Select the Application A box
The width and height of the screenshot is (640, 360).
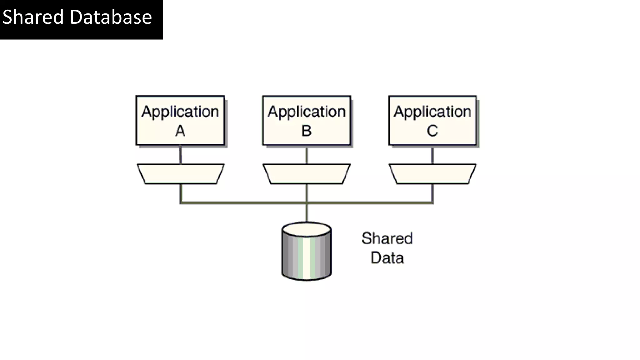click(180, 120)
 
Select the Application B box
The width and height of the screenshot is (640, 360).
click(307, 120)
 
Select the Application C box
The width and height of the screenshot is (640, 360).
click(432, 120)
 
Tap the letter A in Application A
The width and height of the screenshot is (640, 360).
click(180, 131)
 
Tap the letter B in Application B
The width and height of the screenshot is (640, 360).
click(307, 131)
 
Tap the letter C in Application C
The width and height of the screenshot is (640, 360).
click(432, 131)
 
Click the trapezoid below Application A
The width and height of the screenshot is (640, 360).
click(181, 173)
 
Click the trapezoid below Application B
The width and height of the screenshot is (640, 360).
click(307, 173)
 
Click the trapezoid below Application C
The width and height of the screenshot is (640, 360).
click(432, 173)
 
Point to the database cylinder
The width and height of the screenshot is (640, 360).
click(307, 256)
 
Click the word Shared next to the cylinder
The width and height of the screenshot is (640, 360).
click(387, 238)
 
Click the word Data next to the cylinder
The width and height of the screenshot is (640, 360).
click(387, 258)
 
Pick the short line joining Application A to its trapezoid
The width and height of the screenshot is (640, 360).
click(181, 154)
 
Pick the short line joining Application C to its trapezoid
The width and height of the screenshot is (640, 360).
click(432, 154)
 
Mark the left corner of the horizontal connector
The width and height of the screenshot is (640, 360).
click(181, 203)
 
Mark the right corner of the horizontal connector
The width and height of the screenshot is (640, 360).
click(432, 203)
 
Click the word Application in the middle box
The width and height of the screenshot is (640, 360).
click(307, 112)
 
